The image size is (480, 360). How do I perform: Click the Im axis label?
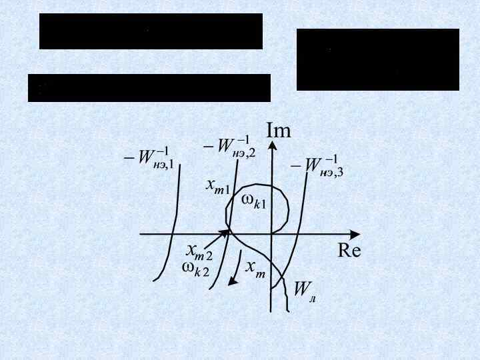(279, 130)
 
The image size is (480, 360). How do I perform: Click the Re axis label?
(349, 251)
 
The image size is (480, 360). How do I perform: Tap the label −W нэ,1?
(147, 159)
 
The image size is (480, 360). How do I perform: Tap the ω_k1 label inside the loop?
(253, 201)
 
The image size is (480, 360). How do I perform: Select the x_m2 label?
(199, 251)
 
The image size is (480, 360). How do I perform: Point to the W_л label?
(305, 289)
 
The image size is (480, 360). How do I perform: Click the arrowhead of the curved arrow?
(232, 281)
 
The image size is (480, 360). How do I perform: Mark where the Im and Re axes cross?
(271, 234)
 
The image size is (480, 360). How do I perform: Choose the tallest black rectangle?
(378, 59)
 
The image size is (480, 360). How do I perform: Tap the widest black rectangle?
(149, 88)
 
